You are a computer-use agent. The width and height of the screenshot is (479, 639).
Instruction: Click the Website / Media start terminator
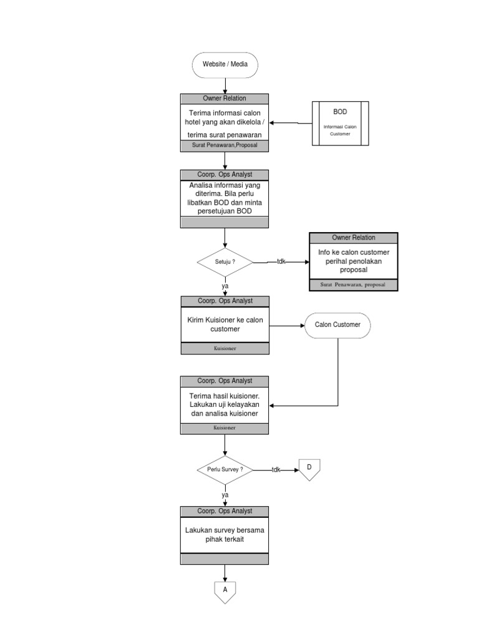225,65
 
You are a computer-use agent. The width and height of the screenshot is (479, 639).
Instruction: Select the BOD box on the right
340,123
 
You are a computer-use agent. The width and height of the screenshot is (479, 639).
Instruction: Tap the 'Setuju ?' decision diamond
225,262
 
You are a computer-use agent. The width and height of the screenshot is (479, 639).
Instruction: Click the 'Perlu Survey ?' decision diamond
225,470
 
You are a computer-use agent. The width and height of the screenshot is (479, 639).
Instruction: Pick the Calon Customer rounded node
337,324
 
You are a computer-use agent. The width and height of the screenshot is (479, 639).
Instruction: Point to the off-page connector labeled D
309,469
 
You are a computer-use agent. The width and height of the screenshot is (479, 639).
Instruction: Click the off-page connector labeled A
225,590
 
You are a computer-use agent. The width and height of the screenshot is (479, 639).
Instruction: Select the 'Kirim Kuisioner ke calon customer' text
225,324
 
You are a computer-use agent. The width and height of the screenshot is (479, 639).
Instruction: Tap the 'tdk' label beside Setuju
281,262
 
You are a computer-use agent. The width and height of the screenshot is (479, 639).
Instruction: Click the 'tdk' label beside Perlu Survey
276,470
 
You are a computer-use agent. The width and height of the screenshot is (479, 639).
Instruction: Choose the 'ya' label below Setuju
225,286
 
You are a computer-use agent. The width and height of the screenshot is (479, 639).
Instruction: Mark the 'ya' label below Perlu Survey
225,495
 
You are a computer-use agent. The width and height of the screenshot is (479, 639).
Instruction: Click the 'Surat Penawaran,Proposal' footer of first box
225,145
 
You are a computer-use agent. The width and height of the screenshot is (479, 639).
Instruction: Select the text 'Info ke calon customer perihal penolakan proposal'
353,261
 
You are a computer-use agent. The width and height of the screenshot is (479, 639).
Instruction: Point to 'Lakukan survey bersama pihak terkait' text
225,534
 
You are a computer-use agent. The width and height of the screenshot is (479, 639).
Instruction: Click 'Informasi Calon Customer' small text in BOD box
340,130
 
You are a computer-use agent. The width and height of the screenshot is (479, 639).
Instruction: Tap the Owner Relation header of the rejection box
353,238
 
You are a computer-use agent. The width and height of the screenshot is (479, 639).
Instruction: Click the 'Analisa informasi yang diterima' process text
225,198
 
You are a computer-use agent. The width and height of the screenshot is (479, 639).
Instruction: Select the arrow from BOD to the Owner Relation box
290,123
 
